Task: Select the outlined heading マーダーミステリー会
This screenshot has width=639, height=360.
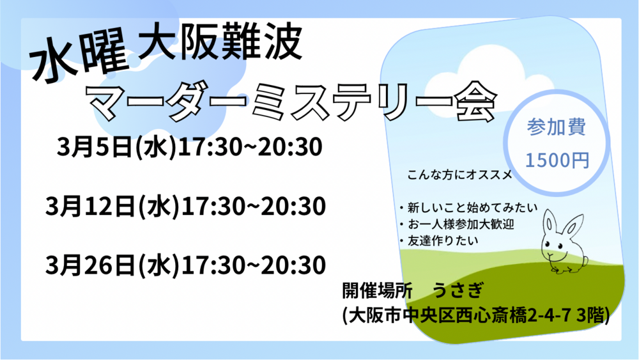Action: tap(291, 102)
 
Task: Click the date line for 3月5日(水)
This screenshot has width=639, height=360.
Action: tap(190, 147)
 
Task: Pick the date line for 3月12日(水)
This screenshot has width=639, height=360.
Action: tap(185, 206)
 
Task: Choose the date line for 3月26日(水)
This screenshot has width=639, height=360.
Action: tap(185, 265)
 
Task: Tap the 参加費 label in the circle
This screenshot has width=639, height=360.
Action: tap(557, 127)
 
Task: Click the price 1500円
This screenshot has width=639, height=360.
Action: tap(557, 160)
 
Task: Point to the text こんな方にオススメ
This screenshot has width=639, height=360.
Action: tap(459, 175)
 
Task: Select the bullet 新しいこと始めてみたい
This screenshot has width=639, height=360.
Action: tap(468, 208)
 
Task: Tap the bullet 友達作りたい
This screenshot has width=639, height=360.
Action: tap(438, 240)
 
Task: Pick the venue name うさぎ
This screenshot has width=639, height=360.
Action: tap(458, 291)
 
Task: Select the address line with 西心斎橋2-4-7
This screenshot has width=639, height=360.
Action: tap(476, 315)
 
